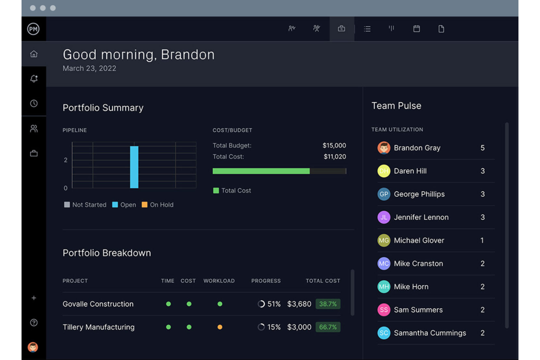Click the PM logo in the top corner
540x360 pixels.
point(33,29)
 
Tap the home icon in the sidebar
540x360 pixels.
point(34,54)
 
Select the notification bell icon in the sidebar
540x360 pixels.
point(34,79)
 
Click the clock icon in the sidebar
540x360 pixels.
point(34,104)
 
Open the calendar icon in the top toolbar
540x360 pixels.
point(416,29)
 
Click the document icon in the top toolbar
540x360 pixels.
point(441,29)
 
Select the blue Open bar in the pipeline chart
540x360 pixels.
point(134,167)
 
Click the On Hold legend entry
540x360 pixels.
point(158,205)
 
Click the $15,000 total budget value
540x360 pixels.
point(334,146)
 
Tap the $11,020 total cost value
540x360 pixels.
point(335,157)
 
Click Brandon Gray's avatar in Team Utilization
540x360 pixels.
point(384,148)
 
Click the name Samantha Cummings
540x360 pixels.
point(430,333)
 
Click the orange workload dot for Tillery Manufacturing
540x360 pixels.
point(220,327)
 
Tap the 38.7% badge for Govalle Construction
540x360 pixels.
point(328,304)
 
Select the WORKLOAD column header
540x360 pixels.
point(219,281)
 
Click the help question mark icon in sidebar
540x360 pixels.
point(34,323)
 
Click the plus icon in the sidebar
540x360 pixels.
point(34,298)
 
